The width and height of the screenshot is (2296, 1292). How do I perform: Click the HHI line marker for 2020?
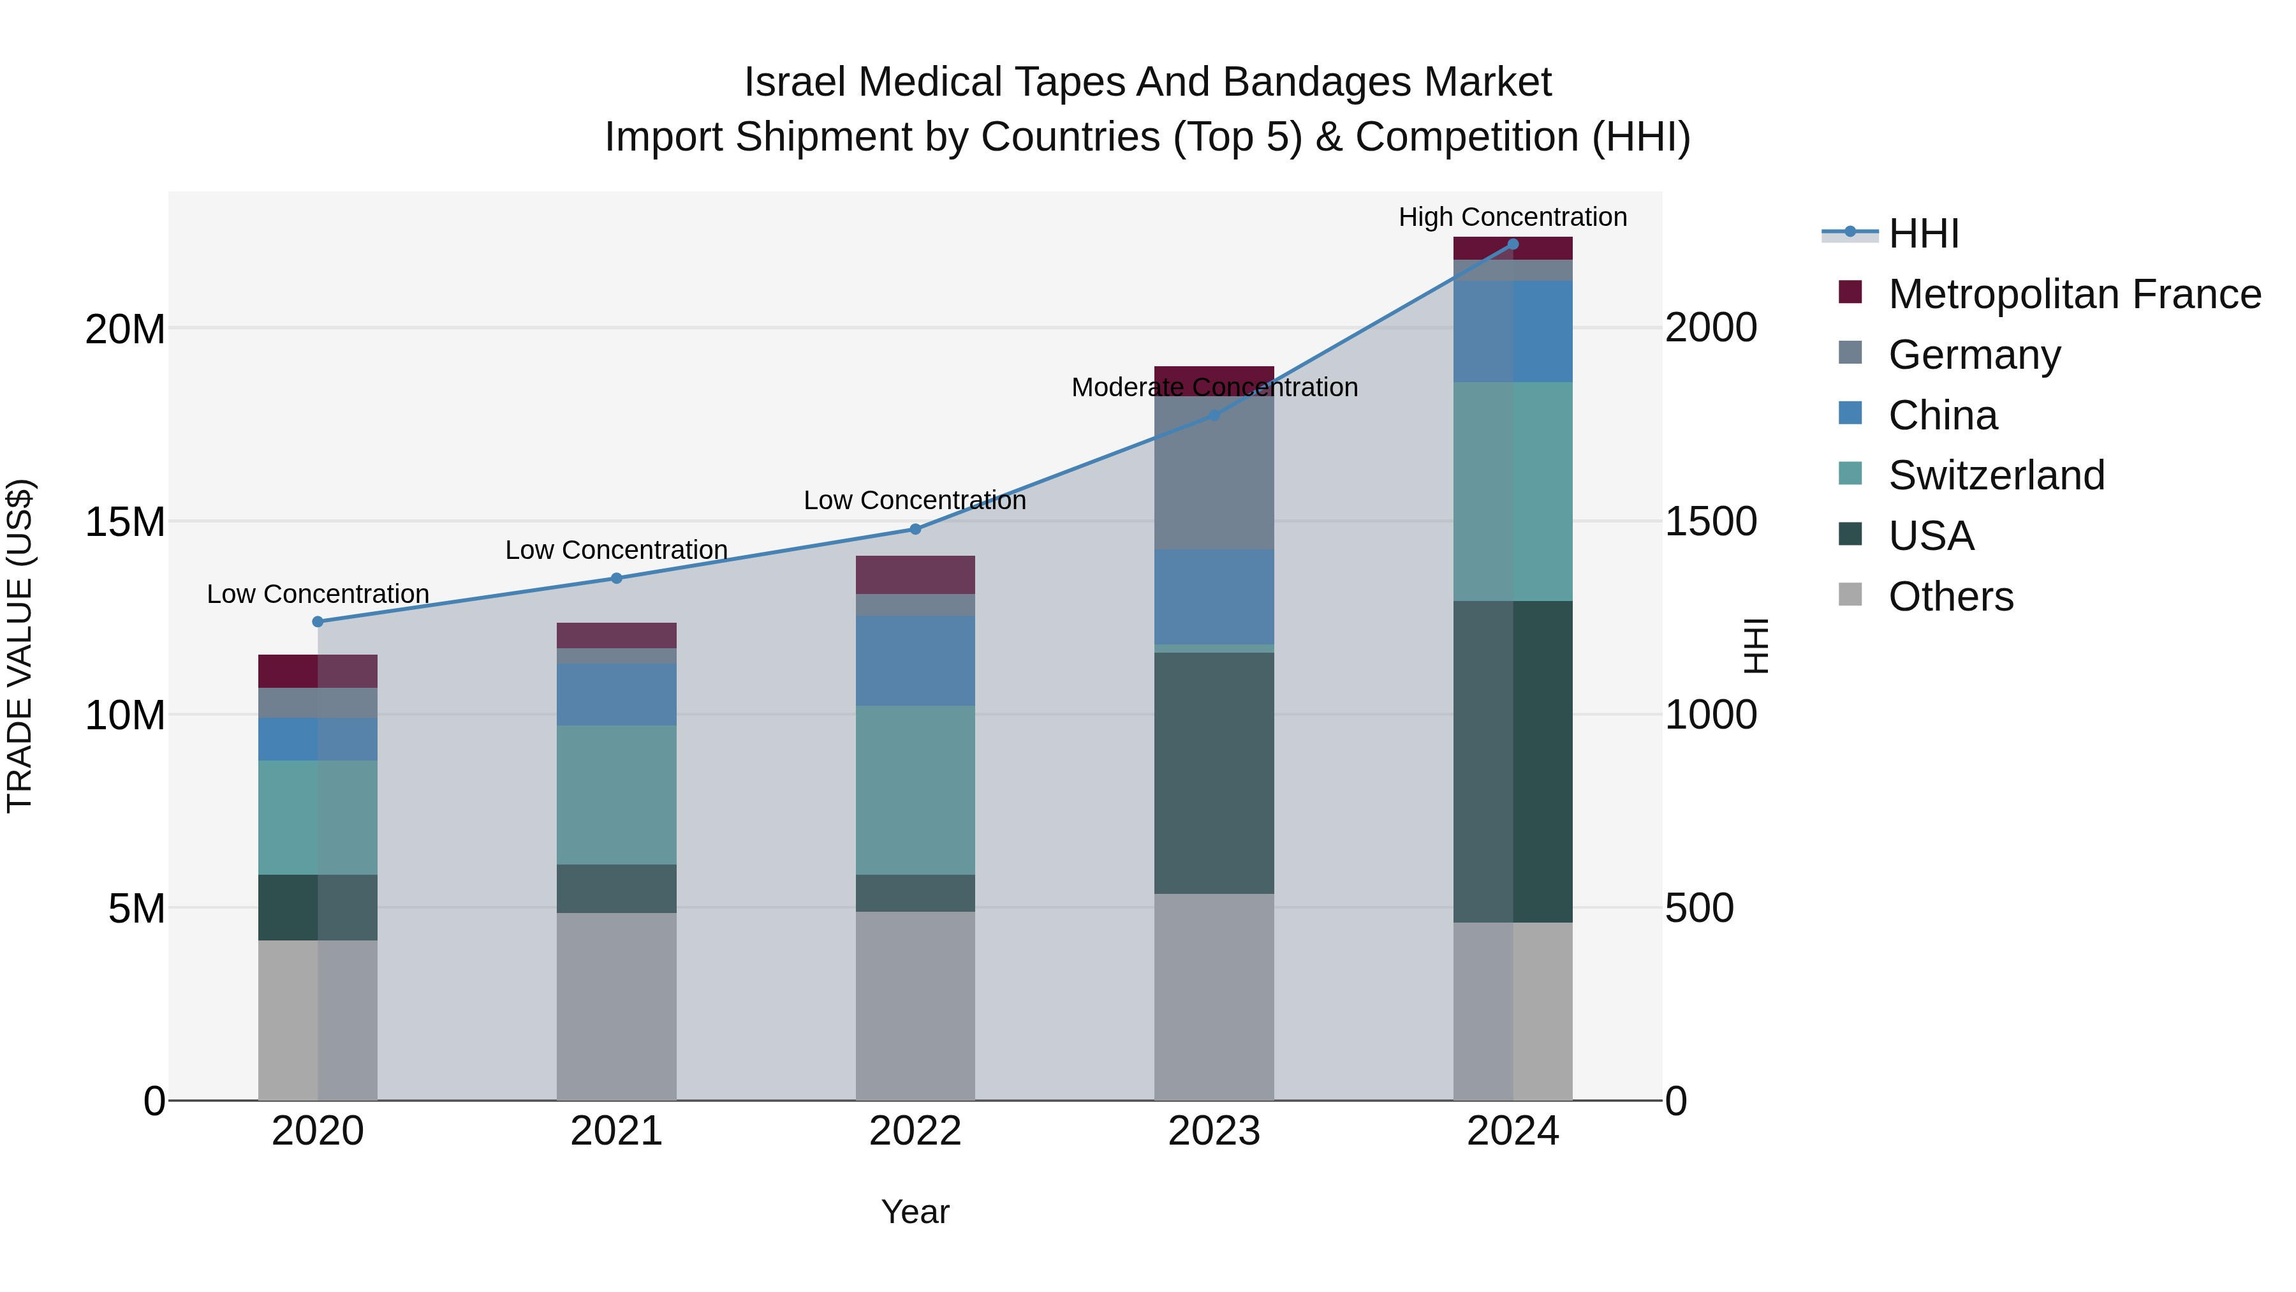[318, 621]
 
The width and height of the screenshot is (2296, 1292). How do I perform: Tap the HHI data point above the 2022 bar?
[915, 529]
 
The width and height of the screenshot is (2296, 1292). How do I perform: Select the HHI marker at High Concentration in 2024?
[1513, 244]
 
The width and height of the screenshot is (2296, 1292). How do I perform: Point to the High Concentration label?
[1513, 217]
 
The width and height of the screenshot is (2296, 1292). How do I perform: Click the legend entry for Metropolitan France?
[2074, 294]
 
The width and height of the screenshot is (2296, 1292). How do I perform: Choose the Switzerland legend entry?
[1996, 475]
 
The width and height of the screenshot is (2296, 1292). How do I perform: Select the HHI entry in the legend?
[1924, 234]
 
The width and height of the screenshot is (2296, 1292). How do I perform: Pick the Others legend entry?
[1950, 597]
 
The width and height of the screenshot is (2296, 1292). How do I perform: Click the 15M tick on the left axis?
[125, 522]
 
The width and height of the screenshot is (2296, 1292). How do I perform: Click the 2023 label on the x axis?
[1214, 1131]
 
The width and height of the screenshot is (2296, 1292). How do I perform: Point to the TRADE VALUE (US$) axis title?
[20, 646]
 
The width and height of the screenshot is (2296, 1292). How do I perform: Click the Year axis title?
[915, 1212]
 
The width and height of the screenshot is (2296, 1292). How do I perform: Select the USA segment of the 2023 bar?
[1214, 772]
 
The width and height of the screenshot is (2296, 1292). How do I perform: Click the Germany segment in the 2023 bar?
[1214, 473]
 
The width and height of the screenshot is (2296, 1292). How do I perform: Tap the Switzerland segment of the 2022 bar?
[915, 790]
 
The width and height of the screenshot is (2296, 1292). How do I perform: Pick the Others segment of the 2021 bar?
[616, 1006]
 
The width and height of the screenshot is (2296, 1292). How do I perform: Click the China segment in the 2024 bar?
[1513, 332]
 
